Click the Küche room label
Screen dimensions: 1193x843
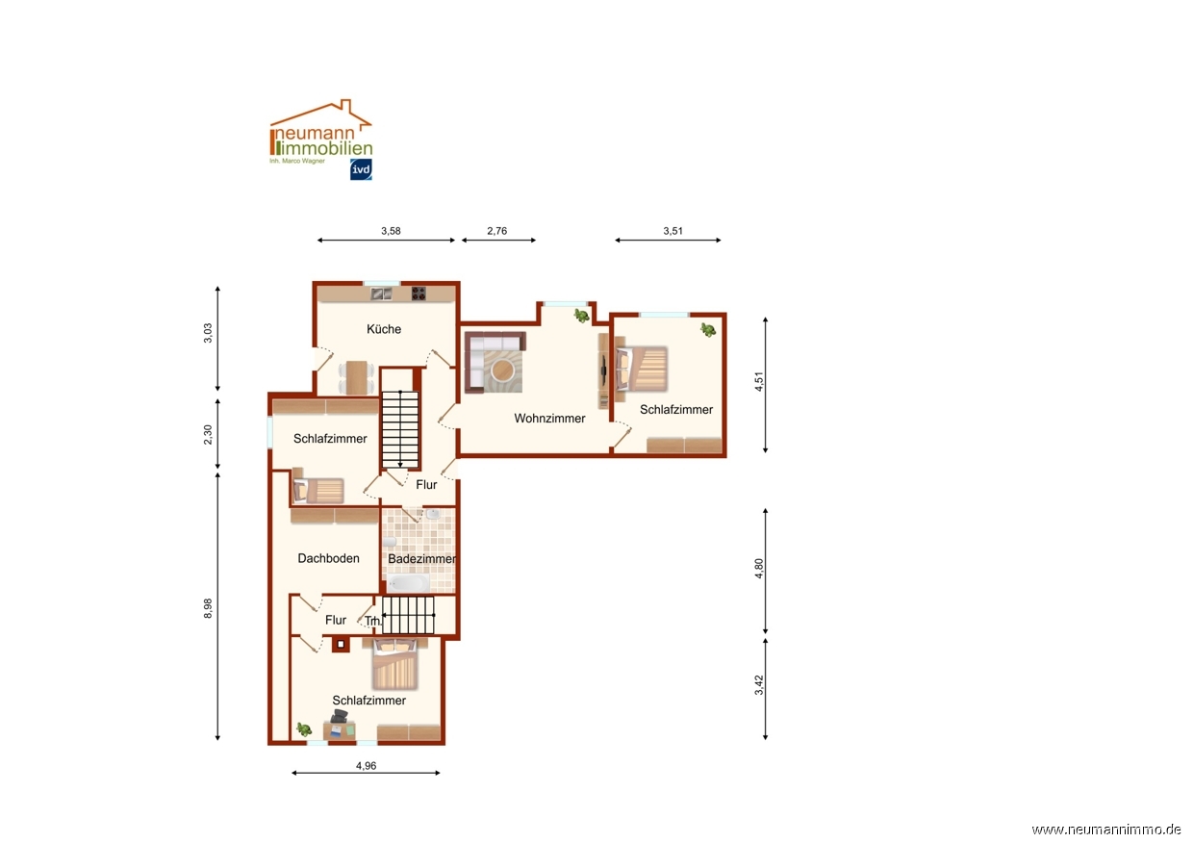point(384,329)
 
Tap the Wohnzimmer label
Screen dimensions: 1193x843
point(549,419)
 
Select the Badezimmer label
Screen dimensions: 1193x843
point(421,558)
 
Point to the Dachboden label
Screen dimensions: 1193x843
point(328,558)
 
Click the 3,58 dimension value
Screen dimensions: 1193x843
point(391,231)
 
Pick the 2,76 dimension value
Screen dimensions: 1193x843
point(496,231)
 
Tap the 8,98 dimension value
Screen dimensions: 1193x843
point(208,608)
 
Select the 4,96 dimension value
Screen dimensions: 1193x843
point(366,766)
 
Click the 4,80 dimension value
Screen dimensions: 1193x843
point(759,568)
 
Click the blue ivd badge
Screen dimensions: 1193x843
point(361,169)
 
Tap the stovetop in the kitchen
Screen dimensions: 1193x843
point(419,294)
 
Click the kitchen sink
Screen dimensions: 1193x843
point(381,294)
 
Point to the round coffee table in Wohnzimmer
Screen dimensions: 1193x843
point(502,370)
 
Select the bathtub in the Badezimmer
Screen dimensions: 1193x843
point(408,583)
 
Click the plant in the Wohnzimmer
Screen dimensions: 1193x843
point(581,316)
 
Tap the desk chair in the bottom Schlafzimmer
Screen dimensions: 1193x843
point(339,717)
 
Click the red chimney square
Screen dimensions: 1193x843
point(341,645)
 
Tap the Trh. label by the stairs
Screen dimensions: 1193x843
point(373,621)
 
